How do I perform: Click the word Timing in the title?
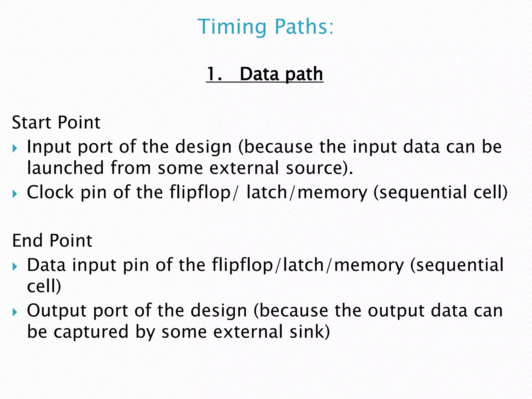click(x=232, y=27)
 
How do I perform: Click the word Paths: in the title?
click(x=304, y=27)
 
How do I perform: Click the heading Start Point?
click(x=56, y=122)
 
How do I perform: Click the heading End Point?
click(x=52, y=241)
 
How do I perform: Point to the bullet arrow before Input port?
click(x=15, y=149)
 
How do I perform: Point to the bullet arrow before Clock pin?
click(x=15, y=194)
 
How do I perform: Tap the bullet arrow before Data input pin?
click(x=15, y=267)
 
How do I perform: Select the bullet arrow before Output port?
click(x=15, y=312)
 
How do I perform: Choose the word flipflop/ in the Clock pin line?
click(x=203, y=193)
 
